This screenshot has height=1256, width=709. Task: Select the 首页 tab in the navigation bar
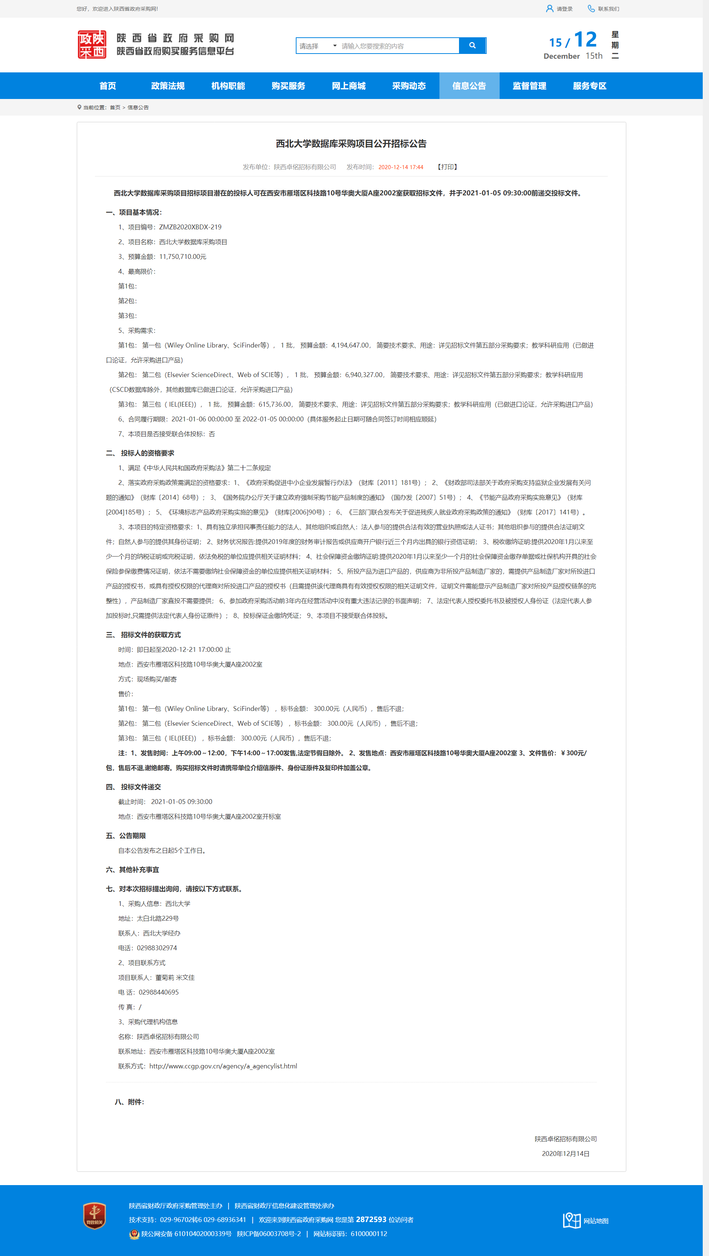click(108, 86)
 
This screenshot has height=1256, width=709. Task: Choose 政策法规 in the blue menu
click(168, 86)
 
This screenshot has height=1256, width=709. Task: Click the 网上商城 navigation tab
click(349, 86)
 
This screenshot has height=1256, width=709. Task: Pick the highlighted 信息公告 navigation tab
click(469, 86)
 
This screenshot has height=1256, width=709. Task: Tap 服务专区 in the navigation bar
click(589, 86)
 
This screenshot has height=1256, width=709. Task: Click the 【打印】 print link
click(447, 167)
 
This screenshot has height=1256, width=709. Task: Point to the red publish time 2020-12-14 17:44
click(401, 167)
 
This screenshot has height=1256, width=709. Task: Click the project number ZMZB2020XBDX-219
click(190, 227)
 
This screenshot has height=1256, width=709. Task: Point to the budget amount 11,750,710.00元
click(182, 256)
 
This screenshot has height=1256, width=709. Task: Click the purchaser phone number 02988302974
click(157, 948)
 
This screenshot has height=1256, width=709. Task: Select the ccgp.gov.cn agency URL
click(223, 1066)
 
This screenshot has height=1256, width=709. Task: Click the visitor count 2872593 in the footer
click(371, 1219)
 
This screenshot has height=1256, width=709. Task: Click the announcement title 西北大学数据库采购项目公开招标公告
click(351, 144)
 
